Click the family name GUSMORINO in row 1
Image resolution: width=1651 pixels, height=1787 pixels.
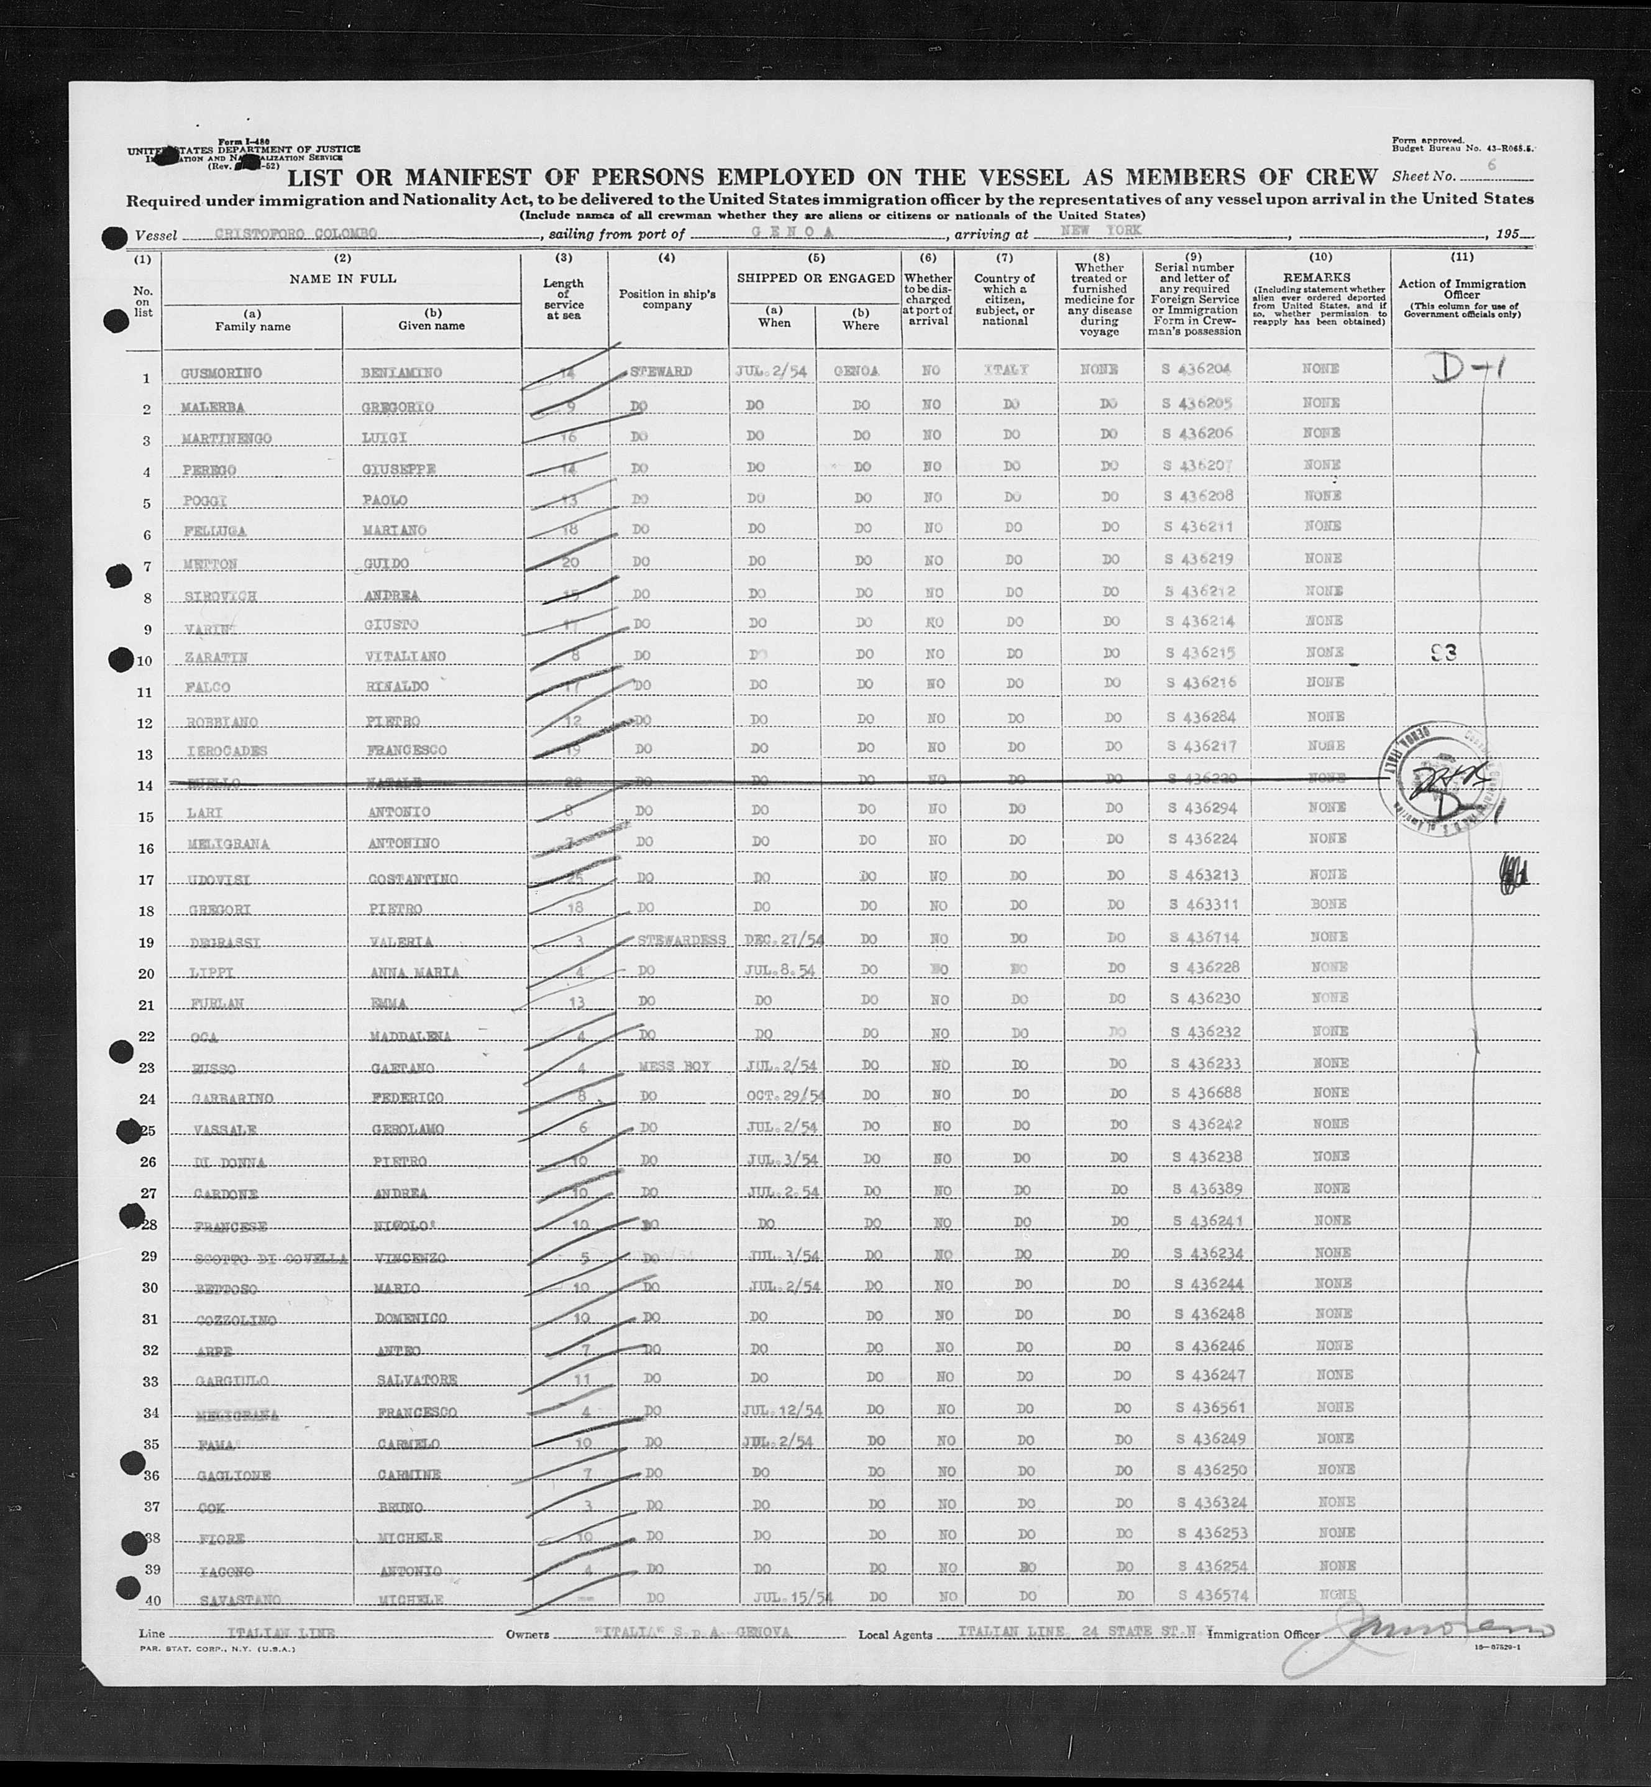pos(221,372)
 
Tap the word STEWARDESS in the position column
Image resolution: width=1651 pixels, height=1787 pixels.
pos(681,940)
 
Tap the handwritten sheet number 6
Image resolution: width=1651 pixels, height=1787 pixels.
pos(1491,165)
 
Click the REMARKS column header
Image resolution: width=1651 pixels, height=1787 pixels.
pos(1316,278)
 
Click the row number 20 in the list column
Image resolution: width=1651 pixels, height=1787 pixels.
pos(145,974)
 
